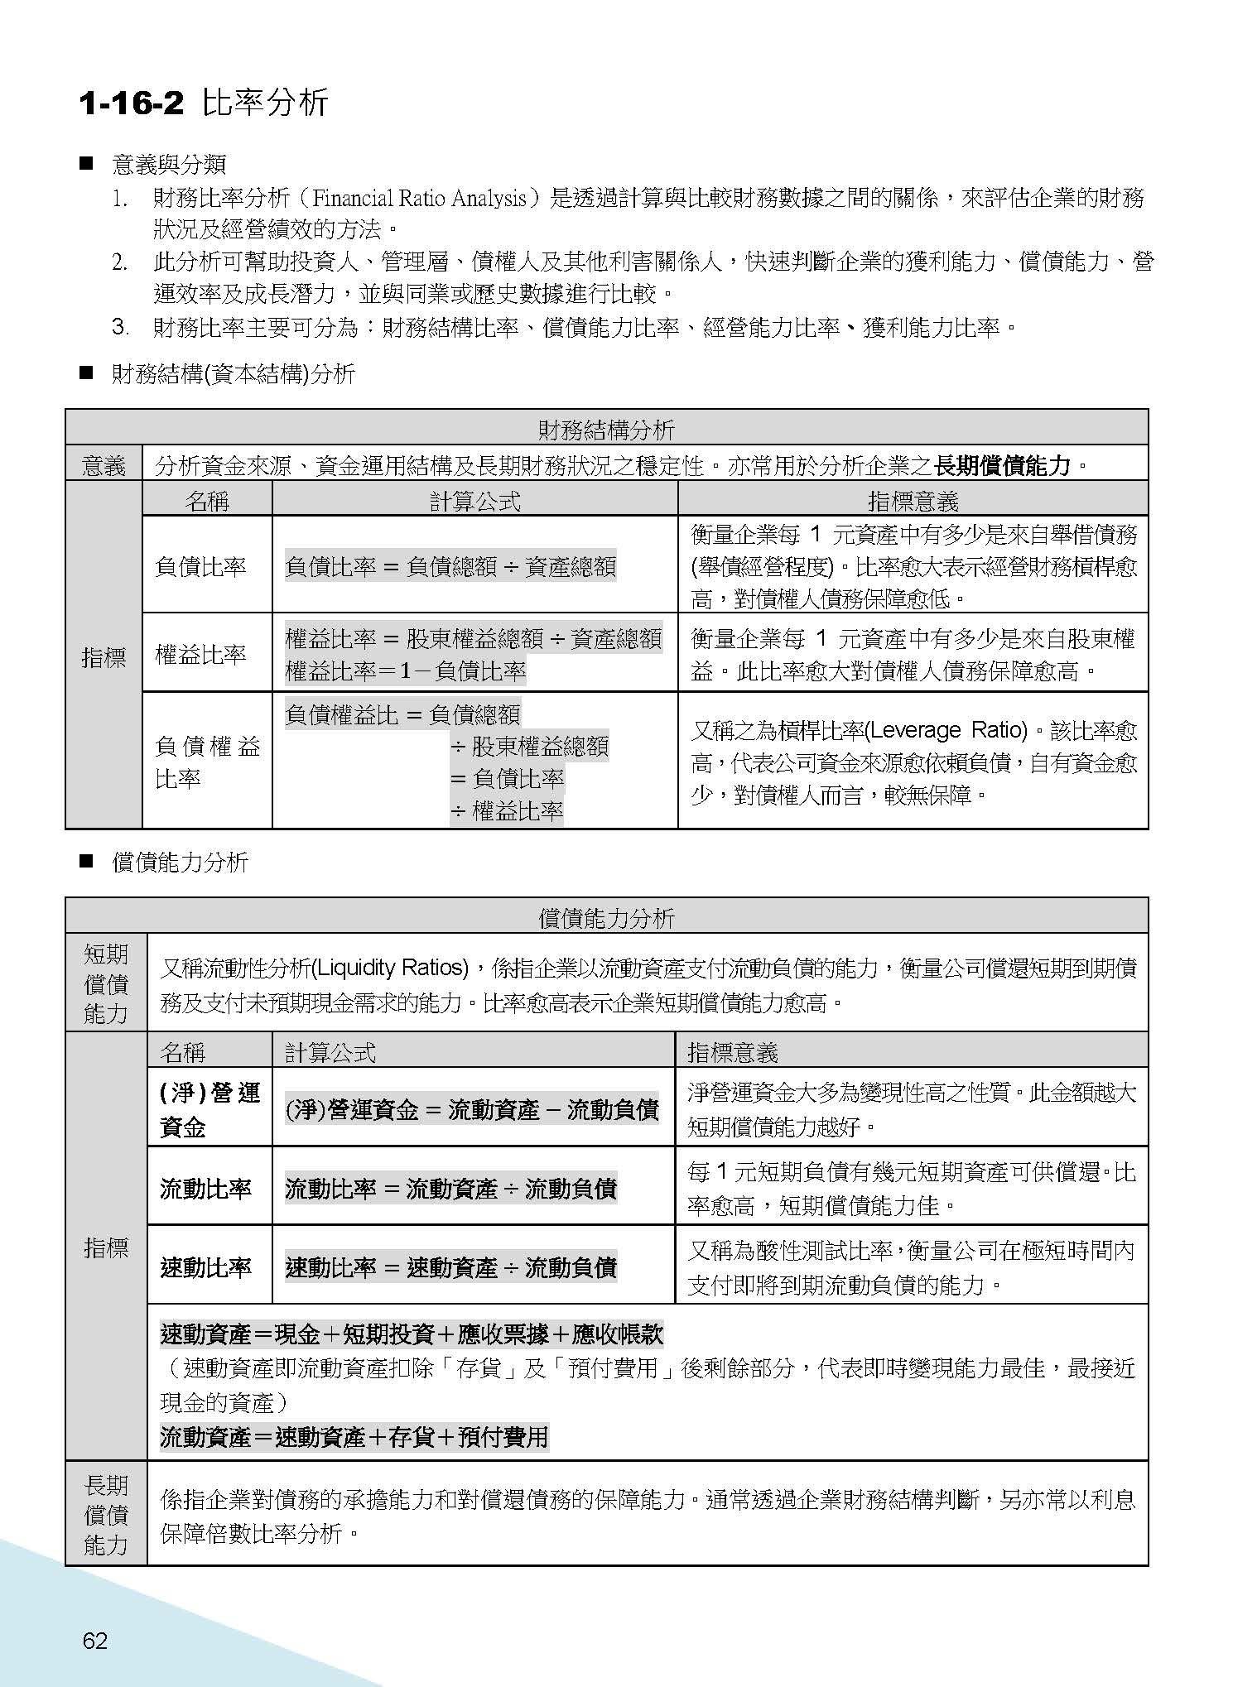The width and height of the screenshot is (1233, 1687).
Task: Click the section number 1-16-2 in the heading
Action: point(131,103)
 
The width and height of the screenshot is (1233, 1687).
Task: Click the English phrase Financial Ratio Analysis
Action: point(420,199)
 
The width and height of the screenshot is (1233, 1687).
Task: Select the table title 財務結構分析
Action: point(606,429)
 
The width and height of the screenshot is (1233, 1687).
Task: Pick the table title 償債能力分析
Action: point(606,917)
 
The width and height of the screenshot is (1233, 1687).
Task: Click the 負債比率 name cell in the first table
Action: point(200,566)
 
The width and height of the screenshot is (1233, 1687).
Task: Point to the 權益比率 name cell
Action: point(200,654)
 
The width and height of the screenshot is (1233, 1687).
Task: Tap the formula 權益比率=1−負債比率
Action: point(406,670)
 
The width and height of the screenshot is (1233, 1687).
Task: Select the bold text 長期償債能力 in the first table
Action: point(1002,465)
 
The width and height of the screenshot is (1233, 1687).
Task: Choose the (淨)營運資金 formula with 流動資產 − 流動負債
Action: point(472,1109)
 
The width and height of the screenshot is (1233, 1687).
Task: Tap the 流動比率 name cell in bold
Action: point(205,1189)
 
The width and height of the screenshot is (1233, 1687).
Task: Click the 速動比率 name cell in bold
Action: point(205,1267)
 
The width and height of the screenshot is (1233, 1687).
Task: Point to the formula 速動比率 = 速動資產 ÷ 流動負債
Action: point(450,1267)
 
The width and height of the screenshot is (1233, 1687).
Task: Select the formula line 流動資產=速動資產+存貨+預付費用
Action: point(354,1436)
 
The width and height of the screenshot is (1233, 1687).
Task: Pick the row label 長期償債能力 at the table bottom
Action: point(106,1514)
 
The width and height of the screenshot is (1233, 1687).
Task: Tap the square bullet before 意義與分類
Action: point(85,163)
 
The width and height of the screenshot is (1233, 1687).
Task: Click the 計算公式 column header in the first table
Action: point(474,501)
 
